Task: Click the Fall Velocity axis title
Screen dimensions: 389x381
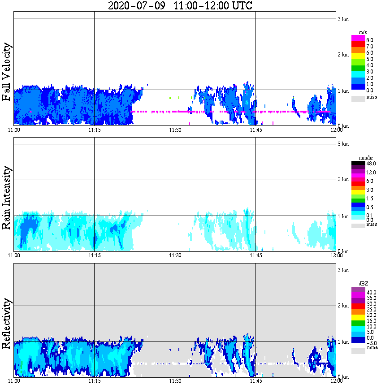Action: [x=6, y=73]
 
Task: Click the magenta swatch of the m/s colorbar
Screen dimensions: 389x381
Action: [x=359, y=38]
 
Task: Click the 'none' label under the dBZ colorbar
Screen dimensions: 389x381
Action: [x=372, y=348]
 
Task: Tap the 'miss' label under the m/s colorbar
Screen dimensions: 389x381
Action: [x=372, y=97]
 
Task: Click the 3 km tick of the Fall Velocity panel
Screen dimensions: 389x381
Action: [x=343, y=19]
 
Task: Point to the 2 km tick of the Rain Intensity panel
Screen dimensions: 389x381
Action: [x=343, y=180]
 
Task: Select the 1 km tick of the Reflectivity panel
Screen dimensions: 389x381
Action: [x=343, y=342]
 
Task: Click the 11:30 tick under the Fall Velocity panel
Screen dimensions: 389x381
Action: [x=175, y=130]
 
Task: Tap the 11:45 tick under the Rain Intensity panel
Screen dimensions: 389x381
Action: [x=255, y=255]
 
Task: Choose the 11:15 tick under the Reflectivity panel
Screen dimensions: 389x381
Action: [x=94, y=381]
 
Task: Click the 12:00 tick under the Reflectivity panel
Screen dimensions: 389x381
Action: [x=336, y=381]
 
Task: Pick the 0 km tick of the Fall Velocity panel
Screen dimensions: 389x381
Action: [x=343, y=126]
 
